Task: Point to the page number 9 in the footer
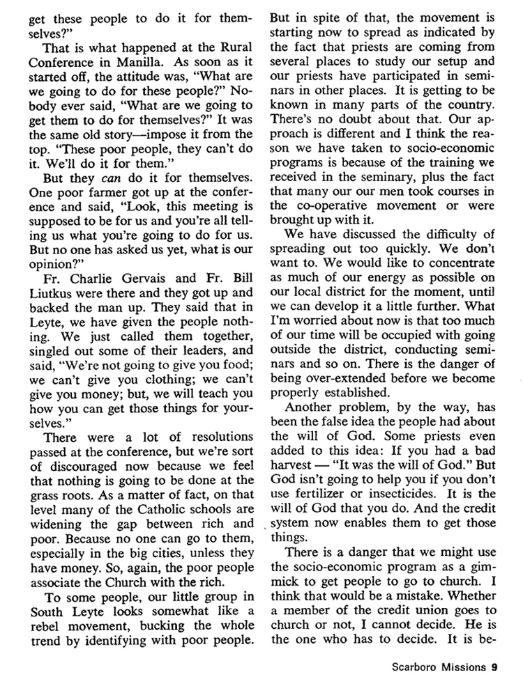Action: (x=493, y=666)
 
